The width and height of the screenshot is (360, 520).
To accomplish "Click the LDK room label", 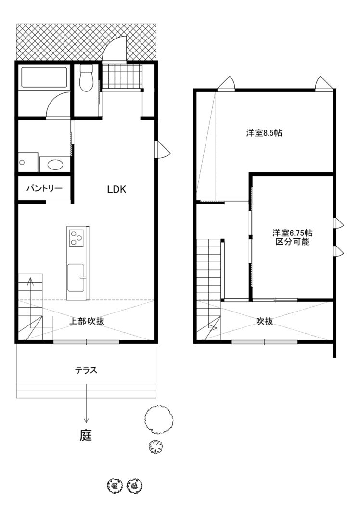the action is pos(116,189).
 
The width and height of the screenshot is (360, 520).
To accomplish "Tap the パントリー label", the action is pos(44,189).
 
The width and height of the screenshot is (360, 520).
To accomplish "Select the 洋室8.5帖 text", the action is pos(264,133).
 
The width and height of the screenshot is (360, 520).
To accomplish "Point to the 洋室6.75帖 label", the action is pos(292,233).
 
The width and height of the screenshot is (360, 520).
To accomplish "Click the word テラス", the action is pos(86,370).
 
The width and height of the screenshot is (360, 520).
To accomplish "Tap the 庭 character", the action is pos(86,435).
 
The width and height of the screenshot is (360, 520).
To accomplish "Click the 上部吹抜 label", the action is pos(87,321).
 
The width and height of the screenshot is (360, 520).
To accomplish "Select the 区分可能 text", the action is pos(292,241).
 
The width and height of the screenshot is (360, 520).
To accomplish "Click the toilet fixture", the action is pos(87,78).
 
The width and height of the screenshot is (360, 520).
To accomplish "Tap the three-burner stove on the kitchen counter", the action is pos(77,238).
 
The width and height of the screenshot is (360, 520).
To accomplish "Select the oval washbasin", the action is pos(55,164).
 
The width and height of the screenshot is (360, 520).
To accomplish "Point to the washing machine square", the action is pos(28,162).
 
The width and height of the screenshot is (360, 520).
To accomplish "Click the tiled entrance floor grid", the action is pos(122,76).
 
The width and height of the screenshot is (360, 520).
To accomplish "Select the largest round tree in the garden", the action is pos(159,419).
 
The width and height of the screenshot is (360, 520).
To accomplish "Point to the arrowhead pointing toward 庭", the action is pos(86,420).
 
